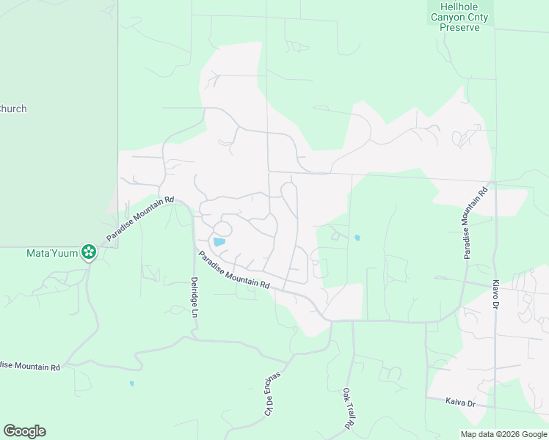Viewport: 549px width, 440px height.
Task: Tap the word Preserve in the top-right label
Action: tap(459, 27)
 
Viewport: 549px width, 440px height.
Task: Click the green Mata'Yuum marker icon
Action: tap(89, 252)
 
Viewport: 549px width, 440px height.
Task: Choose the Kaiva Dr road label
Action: tap(461, 403)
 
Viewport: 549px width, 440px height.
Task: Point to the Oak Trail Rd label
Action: tap(347, 408)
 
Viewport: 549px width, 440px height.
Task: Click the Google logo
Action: tap(24, 431)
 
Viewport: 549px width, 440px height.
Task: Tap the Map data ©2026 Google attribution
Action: tap(503, 434)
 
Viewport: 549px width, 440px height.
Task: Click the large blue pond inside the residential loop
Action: tap(219, 241)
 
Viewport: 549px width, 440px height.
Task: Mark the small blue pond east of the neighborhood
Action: tap(357, 238)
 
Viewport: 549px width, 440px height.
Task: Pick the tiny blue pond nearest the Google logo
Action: tap(131, 384)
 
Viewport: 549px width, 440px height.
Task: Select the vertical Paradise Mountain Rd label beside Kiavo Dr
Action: tap(474, 224)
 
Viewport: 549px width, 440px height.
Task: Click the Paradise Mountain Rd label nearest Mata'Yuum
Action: tap(139, 219)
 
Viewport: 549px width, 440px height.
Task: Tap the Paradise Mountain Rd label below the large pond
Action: tap(234, 269)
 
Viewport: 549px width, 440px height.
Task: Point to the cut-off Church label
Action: tap(13, 109)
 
